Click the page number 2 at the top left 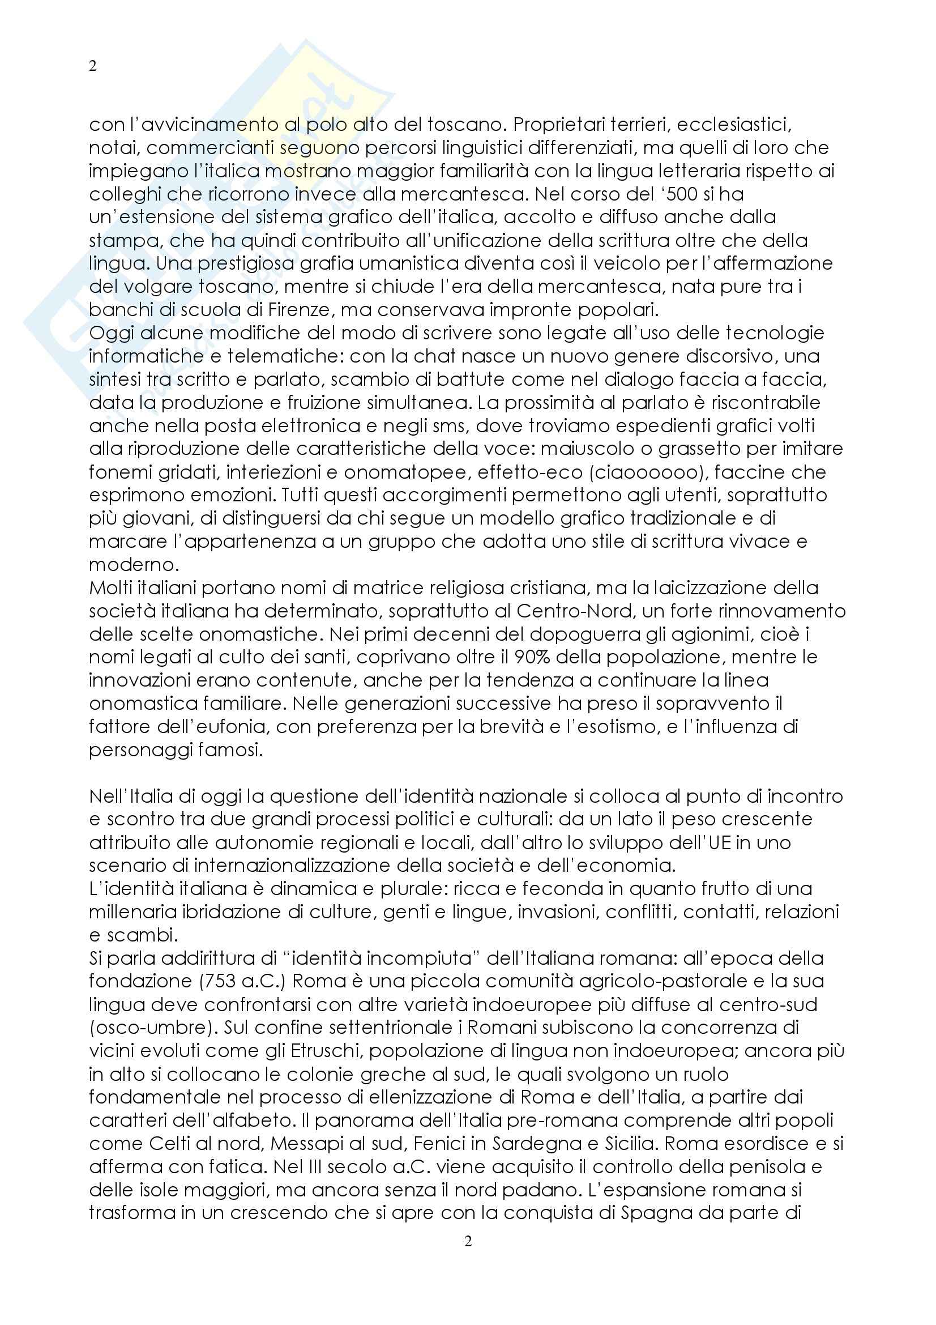click(93, 66)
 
